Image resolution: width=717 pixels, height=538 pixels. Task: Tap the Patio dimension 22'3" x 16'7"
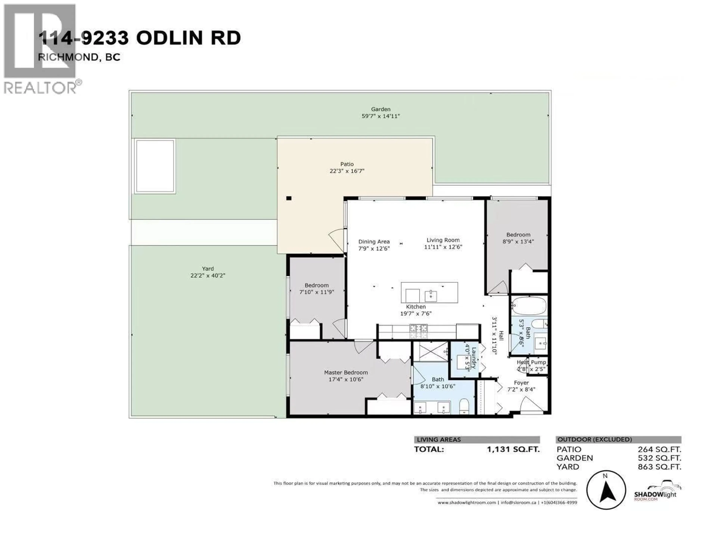pos(347,171)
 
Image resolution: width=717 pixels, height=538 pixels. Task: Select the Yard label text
pos(208,268)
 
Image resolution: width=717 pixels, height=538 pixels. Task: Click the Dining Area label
pos(374,242)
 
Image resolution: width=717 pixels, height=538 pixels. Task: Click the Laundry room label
pos(474,358)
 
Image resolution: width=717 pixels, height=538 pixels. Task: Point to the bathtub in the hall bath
pos(529,306)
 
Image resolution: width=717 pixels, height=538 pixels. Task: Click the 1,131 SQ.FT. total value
pos(513,449)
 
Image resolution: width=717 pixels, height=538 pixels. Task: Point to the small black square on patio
pos(289,198)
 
